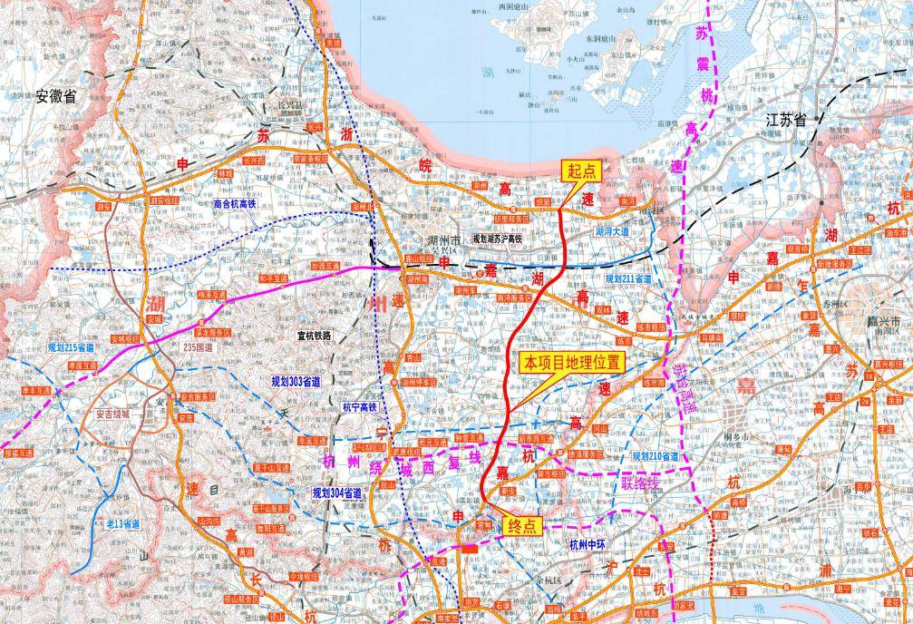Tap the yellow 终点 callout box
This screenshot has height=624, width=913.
click(x=522, y=526)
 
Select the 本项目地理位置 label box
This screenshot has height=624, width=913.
click(x=570, y=363)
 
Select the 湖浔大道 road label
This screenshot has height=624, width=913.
click(x=612, y=232)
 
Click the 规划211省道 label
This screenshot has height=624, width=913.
click(x=628, y=279)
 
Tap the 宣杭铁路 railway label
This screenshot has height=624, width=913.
click(x=315, y=335)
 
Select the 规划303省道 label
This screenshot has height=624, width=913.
click(x=296, y=382)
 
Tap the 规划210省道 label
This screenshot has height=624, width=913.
click(x=655, y=455)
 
